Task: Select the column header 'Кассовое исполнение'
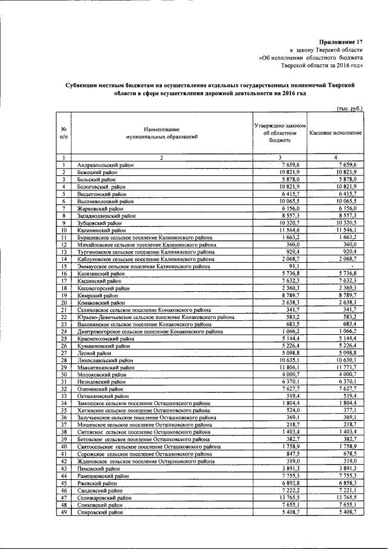[335, 132]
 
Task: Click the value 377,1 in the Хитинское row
[354, 409]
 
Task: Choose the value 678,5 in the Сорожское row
[354, 454]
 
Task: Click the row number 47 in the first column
[63, 498]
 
